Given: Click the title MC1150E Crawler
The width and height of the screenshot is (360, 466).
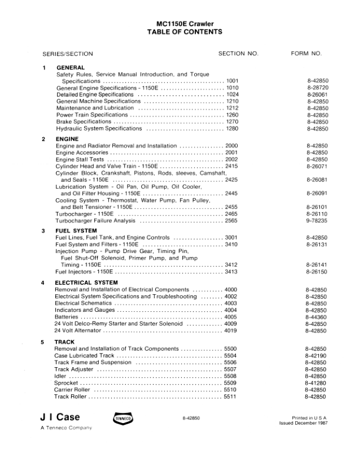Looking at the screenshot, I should [x=180, y=24].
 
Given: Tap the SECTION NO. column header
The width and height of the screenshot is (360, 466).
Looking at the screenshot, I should [x=238, y=54].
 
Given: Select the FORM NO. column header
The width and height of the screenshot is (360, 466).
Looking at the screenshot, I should [x=306, y=54].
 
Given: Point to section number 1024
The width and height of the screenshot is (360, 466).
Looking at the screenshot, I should [x=232, y=94].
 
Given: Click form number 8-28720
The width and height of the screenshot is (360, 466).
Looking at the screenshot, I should [x=317, y=87].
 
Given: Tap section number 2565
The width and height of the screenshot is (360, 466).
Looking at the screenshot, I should [x=231, y=220].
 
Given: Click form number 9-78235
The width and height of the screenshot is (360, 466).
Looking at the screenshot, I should [x=317, y=220].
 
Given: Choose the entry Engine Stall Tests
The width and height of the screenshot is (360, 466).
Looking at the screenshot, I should [x=79, y=159].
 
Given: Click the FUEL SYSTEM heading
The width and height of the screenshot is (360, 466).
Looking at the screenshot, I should [x=76, y=231].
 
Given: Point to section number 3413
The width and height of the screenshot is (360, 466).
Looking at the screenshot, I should [x=231, y=272].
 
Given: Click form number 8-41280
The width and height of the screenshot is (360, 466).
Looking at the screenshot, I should [x=317, y=382].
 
